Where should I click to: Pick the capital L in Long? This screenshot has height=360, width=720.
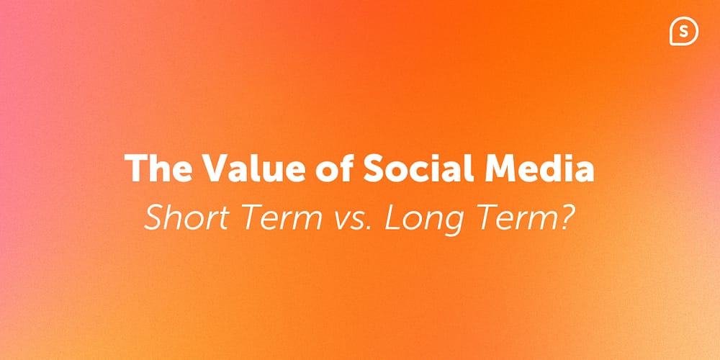392,217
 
